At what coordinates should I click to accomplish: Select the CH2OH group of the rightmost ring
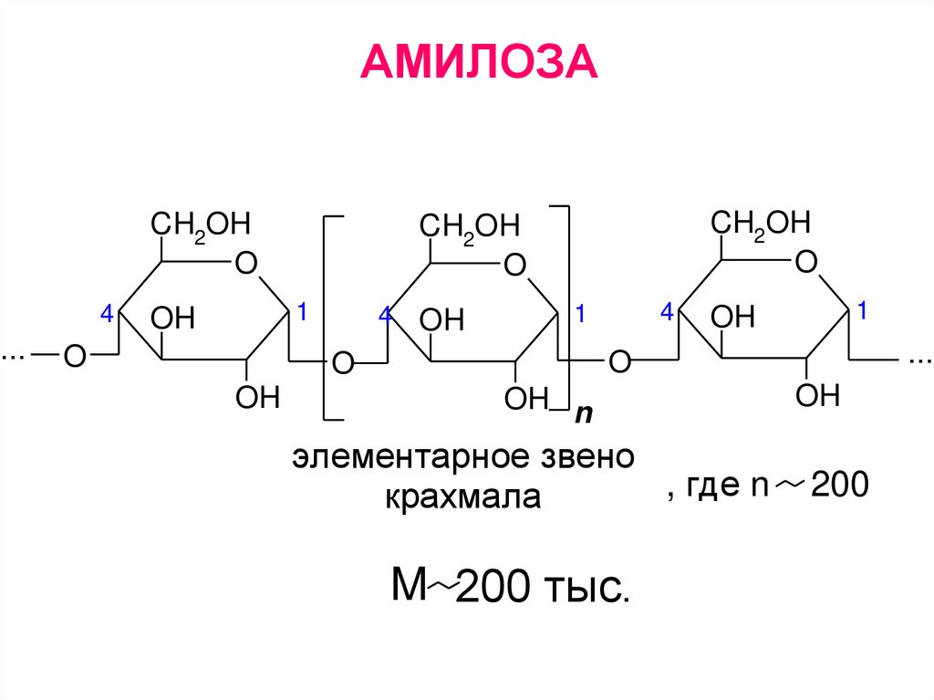pos(761,223)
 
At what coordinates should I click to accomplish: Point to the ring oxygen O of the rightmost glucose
pos(805,263)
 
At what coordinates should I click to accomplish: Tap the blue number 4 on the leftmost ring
pos(106,315)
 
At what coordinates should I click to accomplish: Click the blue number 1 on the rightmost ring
pos(861,311)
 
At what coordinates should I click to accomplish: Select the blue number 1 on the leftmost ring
pos(302,312)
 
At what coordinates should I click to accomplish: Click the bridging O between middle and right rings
pos(619,361)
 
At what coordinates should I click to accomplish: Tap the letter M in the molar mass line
pos(410,585)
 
